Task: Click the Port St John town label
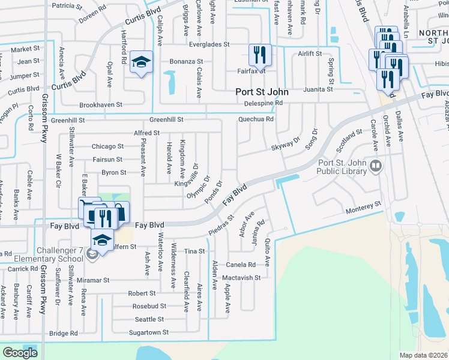[261, 92]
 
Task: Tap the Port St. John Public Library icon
[376, 166]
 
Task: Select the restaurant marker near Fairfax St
[260, 55]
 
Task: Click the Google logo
[20, 353]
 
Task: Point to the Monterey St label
[364, 206]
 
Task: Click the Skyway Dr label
[285, 143]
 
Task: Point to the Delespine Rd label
[264, 103]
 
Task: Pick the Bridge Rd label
[64, 333]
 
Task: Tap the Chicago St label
[107, 146]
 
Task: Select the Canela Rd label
[240, 265]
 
